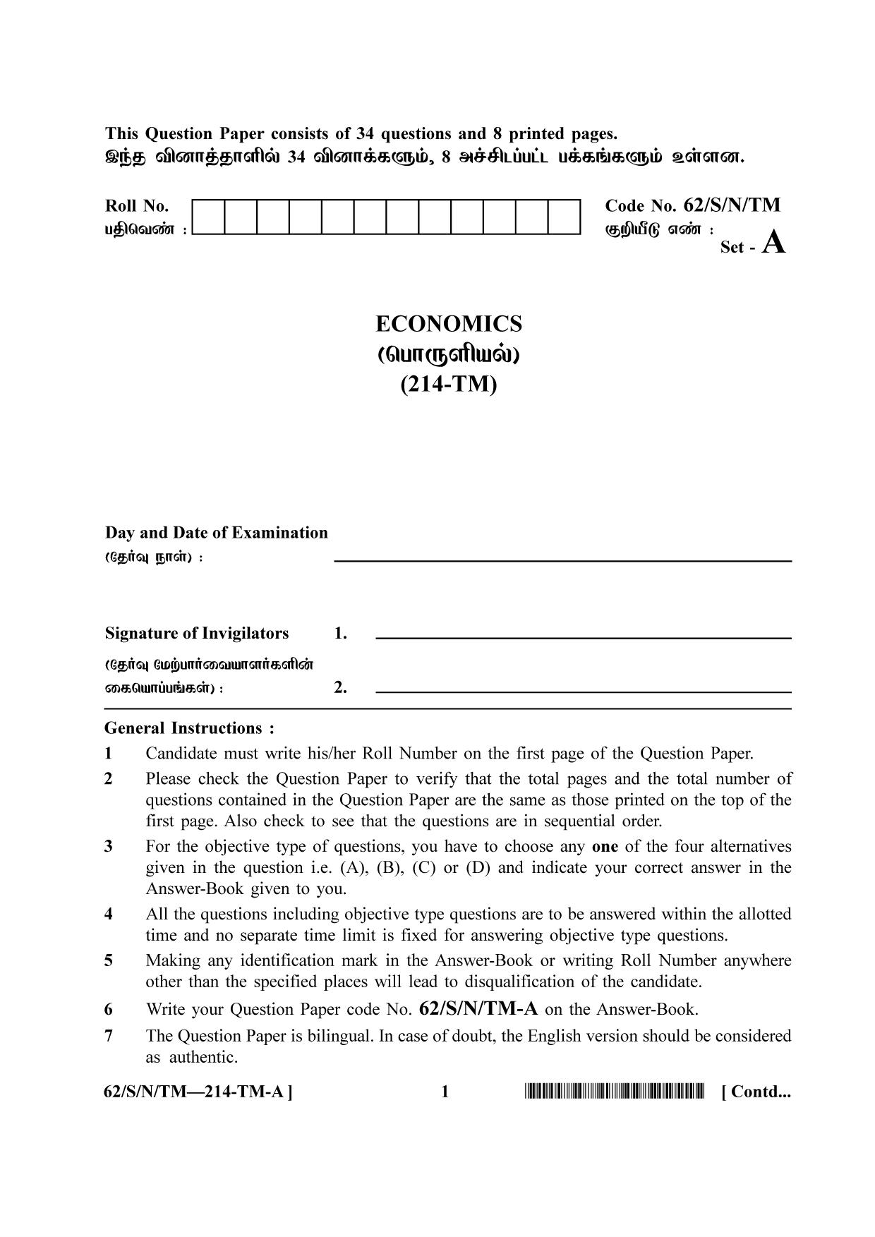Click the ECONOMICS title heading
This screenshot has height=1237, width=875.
point(448,324)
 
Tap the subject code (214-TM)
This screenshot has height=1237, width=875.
point(448,385)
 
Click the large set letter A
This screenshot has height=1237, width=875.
point(774,243)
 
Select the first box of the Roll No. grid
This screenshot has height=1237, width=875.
point(207,217)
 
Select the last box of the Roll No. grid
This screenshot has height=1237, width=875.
point(564,217)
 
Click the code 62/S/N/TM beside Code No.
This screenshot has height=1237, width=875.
point(732,205)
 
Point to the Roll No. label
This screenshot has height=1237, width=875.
point(137,206)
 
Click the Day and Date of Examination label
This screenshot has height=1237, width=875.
point(216,533)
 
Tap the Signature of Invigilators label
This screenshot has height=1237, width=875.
point(197,633)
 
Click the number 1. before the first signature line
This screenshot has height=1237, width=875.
point(340,634)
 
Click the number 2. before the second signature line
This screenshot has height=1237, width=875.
point(340,687)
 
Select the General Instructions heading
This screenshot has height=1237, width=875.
point(189,728)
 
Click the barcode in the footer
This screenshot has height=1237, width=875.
point(614,1092)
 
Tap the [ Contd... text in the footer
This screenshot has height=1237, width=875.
point(756,1092)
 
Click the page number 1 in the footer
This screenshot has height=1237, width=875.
point(445,1092)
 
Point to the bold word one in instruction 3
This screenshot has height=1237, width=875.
point(605,846)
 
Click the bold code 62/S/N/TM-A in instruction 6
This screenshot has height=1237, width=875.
point(478,1009)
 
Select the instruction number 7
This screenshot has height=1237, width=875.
point(109,1036)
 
